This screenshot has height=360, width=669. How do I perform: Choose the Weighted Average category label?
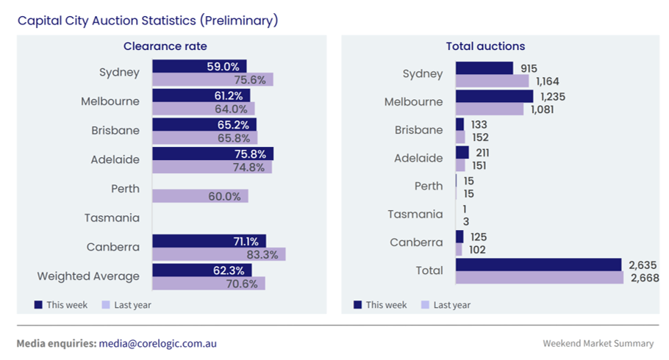(x=88, y=276)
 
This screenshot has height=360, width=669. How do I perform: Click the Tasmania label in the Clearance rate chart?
(x=112, y=217)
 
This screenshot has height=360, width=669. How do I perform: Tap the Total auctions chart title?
(x=485, y=46)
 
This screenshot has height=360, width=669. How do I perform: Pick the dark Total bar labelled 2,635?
(x=538, y=264)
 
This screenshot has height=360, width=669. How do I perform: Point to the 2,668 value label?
(x=644, y=278)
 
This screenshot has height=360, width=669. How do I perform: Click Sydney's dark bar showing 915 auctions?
(x=484, y=68)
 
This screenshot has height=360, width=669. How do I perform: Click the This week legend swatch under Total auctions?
(x=358, y=305)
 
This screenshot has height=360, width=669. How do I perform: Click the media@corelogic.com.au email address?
(x=157, y=343)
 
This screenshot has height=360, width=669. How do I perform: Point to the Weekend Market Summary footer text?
(x=598, y=343)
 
